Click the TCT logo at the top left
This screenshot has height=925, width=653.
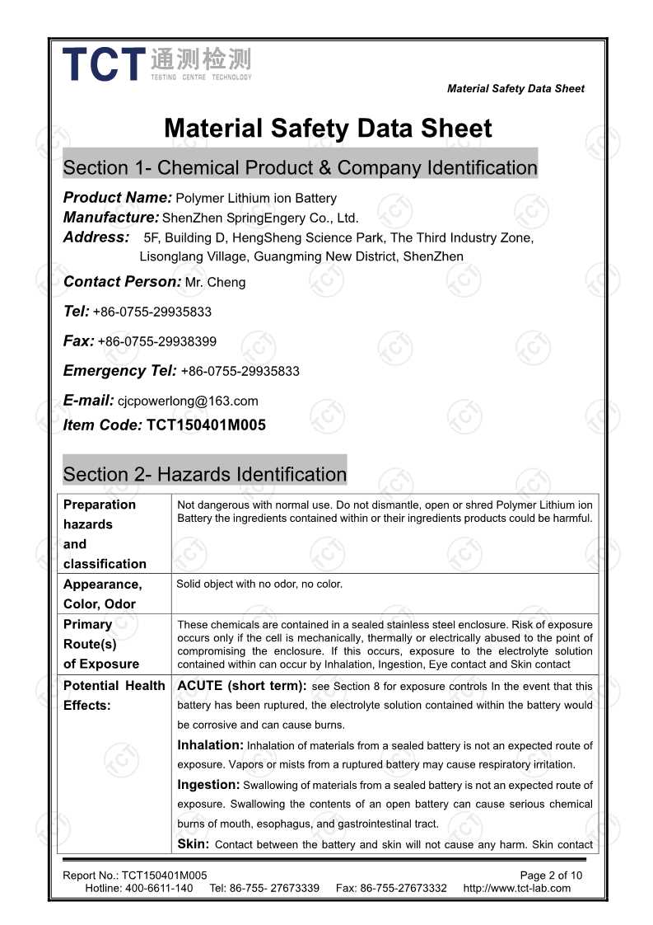[x=156, y=63]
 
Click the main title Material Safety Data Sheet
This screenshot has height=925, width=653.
[x=328, y=129]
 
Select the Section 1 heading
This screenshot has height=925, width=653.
[x=300, y=168]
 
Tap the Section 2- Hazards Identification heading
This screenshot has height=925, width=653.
[x=204, y=474]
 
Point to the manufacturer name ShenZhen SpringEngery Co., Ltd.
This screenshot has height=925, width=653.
[x=260, y=218]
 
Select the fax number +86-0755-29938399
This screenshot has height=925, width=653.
[x=157, y=341]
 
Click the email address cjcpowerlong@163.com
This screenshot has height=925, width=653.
[x=189, y=401]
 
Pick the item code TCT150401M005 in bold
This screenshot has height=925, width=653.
[x=206, y=425]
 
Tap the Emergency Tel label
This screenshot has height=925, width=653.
[x=119, y=371]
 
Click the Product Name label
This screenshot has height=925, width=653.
[x=117, y=198]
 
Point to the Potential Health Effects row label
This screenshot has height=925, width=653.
[x=114, y=695]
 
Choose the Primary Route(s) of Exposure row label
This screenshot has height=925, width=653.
[x=101, y=644]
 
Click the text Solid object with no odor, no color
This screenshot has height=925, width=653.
[x=259, y=585]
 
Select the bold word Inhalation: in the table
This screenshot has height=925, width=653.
[x=210, y=745]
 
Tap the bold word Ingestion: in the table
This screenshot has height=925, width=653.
[x=208, y=785]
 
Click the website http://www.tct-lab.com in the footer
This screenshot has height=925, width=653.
[x=516, y=888]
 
